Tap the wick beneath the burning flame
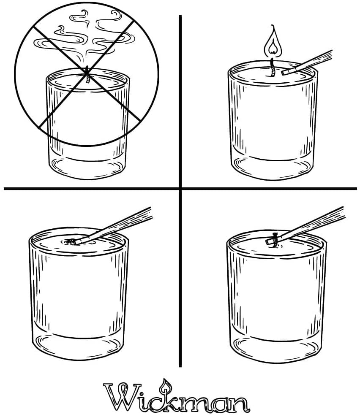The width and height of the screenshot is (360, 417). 272,67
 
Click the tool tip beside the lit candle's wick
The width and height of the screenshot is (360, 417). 286,71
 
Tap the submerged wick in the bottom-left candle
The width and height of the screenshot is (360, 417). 71,241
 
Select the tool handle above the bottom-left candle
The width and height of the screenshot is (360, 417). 115,226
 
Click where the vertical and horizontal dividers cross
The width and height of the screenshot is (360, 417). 180,189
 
